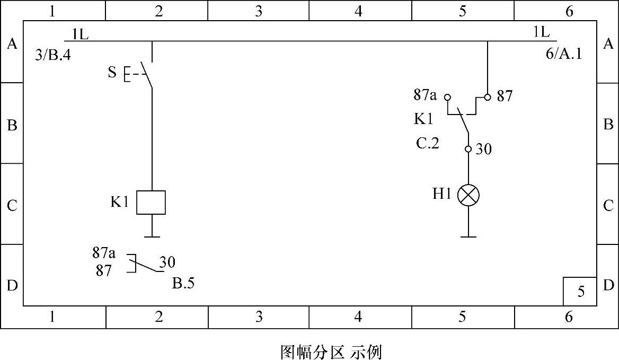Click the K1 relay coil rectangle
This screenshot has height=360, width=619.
pyautogui.click(x=151, y=202)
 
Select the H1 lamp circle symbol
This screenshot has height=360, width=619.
pyautogui.click(x=468, y=195)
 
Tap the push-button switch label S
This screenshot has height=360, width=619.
pyautogui.click(x=112, y=72)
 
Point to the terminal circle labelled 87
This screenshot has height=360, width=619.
pyautogui.click(x=488, y=97)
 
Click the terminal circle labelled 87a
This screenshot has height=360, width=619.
pyautogui.click(x=447, y=97)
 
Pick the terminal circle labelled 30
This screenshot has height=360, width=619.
pyautogui.click(x=468, y=149)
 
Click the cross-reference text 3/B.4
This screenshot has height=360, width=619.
pyautogui.click(x=52, y=55)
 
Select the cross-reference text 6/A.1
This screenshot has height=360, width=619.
pyautogui.click(x=563, y=54)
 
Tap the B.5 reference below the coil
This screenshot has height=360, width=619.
pyautogui.click(x=183, y=283)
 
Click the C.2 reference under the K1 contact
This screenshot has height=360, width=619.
pyautogui.click(x=427, y=143)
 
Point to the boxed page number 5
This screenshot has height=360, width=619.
pyautogui.click(x=581, y=292)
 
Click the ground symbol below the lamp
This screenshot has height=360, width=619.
pyautogui.click(x=468, y=236)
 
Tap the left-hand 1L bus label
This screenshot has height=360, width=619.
pyautogui.click(x=80, y=34)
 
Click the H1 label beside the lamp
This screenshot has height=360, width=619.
pyautogui.click(x=441, y=194)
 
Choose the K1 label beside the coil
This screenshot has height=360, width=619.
pyautogui.click(x=119, y=202)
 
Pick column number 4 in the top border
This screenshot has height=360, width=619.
pyautogui.click(x=359, y=11)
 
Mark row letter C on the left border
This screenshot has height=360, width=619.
pyautogui.click(x=12, y=205)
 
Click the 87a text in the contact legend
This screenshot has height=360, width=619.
pyautogui.click(x=104, y=252)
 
